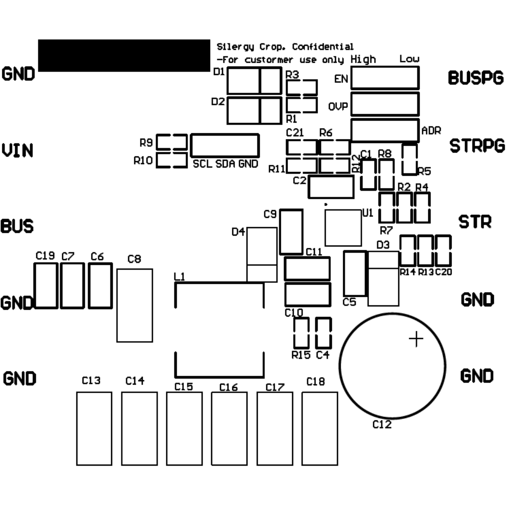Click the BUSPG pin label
pos(476,78)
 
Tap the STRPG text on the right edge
pos(477,146)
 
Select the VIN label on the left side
pos(17,151)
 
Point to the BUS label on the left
pos(17,226)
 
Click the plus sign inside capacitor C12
pos(416,339)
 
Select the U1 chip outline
pos(343,228)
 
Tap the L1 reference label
pos(180,277)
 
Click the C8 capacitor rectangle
pos(134,305)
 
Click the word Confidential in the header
pos(322,47)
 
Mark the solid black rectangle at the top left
pos(123,56)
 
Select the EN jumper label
pos(341,79)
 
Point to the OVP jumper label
pos(338,107)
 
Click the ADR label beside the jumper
pos(431,131)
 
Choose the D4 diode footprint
pos(262,254)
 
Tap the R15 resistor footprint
pos(301,332)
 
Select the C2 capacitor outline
pos(331,187)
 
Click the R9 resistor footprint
pos(172,142)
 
